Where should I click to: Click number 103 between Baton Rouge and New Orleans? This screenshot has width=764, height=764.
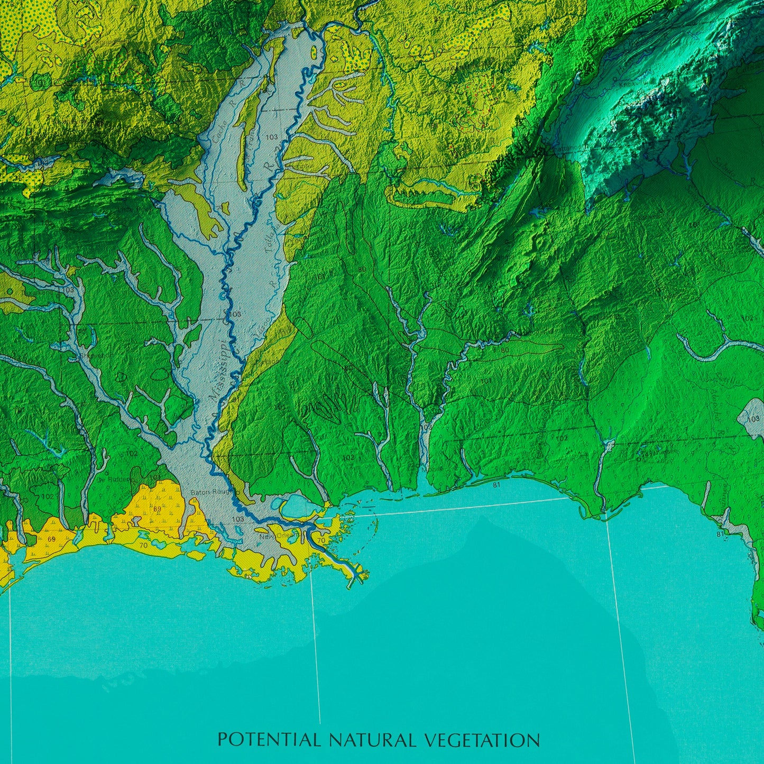click(x=238, y=519)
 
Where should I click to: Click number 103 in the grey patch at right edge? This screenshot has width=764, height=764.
click(x=754, y=419)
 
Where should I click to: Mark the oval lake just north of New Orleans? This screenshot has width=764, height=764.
click(x=295, y=505)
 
